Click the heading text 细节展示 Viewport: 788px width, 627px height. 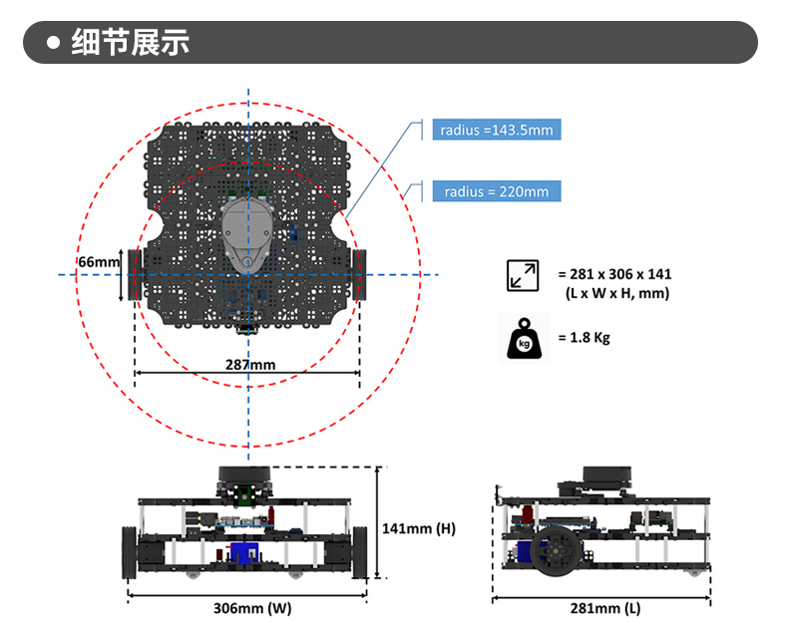coord(131,43)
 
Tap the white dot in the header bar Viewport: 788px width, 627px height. coord(55,43)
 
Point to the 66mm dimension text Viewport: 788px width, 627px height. coord(97,262)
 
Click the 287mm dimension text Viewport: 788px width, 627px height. coord(249,365)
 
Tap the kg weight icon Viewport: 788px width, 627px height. coord(524,338)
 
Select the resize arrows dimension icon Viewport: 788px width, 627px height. coord(523,275)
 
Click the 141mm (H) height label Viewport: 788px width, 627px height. coord(419,528)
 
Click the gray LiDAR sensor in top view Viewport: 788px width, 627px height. coord(247,232)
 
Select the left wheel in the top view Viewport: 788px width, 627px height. coord(134,275)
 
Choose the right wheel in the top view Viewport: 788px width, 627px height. coord(360,275)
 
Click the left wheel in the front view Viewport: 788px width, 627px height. coord(130,550)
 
